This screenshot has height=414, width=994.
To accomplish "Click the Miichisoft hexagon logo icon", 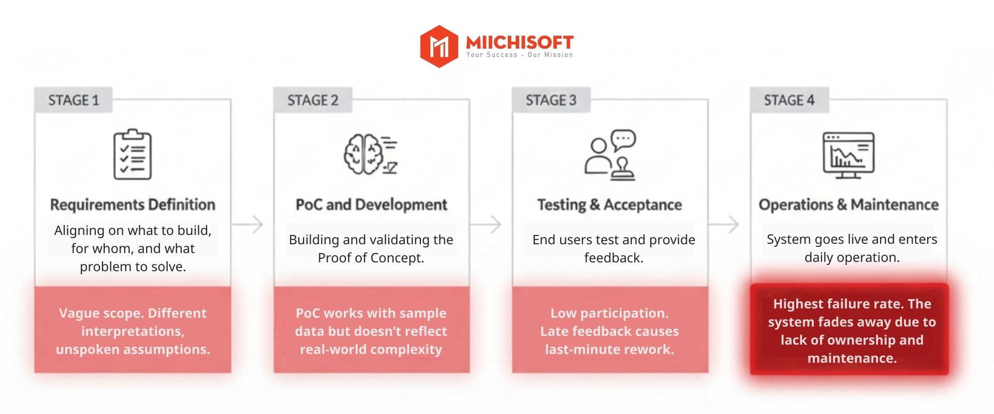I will click(439, 47).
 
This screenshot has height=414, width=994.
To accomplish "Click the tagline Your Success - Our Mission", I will click(519, 55).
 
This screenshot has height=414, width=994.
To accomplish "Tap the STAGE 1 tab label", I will click(74, 100).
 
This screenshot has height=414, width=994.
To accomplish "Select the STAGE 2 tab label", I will click(313, 100).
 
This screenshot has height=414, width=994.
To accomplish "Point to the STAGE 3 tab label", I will click(551, 100).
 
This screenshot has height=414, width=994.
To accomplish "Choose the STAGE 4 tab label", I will click(789, 100).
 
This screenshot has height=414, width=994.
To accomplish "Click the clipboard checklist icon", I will click(133, 155).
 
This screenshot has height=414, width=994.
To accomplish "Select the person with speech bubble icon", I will click(610, 155).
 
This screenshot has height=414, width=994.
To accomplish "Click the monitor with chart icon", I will click(849, 155).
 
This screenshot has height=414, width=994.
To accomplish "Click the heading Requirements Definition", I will click(133, 205).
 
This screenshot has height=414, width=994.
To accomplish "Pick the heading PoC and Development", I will click(371, 205).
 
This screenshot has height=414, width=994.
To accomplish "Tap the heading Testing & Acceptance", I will click(609, 205).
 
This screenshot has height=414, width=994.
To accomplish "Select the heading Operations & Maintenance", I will click(849, 205).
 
